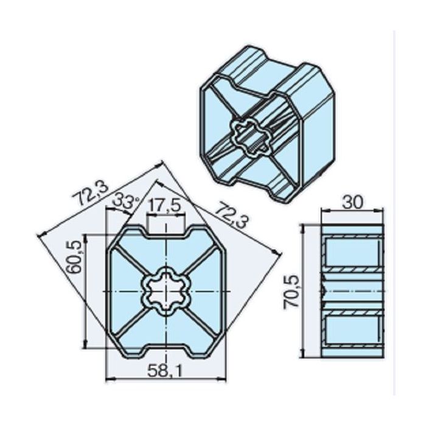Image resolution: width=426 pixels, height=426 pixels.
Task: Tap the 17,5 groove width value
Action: tap(166, 206)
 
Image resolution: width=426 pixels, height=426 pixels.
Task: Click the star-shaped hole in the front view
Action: tap(166, 292)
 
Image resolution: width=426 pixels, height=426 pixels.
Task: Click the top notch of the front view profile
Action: tap(166, 230)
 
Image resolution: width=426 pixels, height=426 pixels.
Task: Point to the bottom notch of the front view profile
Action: tap(166, 353)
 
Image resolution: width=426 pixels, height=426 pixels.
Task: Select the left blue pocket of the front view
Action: tap(125, 292)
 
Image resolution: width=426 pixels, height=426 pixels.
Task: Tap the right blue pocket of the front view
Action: tap(207, 292)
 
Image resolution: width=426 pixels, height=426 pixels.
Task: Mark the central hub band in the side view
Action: tap(352, 292)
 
